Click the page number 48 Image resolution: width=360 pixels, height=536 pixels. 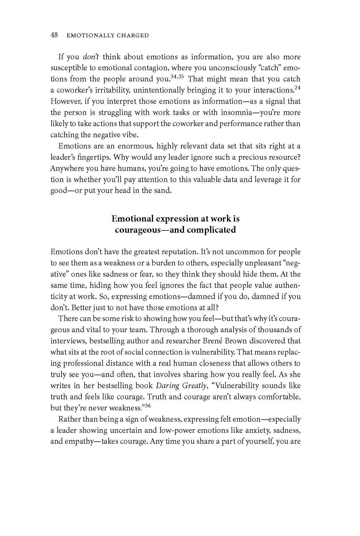point(54,35)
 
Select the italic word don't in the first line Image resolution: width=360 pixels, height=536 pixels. point(91,57)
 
